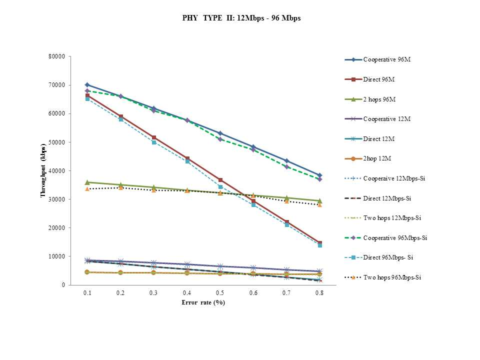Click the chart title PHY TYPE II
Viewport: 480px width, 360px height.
click(241, 18)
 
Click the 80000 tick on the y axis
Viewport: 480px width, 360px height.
click(56, 56)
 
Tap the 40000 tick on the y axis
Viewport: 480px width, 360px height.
click(56, 171)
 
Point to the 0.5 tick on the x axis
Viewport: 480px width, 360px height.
click(220, 293)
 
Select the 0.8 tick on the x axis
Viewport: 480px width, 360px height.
click(319, 293)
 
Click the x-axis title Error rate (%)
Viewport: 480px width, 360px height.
click(203, 302)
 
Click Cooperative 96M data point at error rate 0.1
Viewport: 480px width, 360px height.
click(87, 85)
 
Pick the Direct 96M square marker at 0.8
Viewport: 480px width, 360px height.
click(319, 243)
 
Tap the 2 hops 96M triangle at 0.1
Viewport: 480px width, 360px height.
click(87, 182)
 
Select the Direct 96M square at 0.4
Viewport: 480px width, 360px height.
click(187, 158)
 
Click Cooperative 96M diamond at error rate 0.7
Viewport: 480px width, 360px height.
click(286, 160)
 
